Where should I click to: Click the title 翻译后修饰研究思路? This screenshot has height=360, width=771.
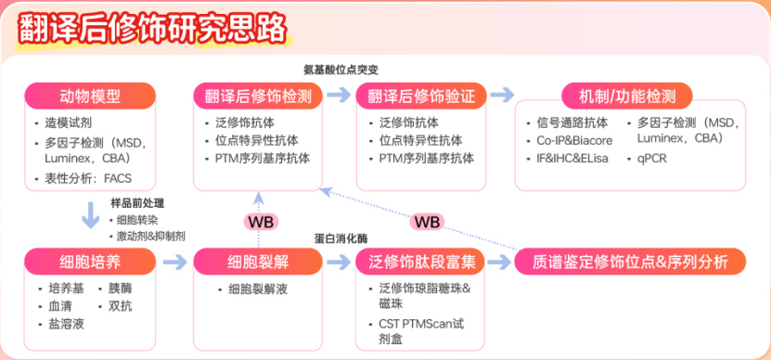point(152,30)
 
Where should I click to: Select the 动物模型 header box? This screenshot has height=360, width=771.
point(90,96)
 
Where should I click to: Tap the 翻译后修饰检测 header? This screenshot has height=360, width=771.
point(258,96)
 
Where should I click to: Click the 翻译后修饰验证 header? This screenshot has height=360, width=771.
point(421,96)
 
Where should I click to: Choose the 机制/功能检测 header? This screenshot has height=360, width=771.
point(627,96)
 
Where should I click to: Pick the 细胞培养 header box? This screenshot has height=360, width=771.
point(90,262)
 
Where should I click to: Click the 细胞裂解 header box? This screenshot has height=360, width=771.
point(258,262)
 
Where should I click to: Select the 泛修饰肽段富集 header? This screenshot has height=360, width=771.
point(421,262)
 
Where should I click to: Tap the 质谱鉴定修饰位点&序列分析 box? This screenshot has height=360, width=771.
point(630,262)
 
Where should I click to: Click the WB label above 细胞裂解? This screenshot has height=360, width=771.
point(261,222)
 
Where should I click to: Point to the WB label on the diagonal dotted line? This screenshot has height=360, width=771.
point(427,222)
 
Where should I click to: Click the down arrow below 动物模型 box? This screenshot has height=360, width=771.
point(91,214)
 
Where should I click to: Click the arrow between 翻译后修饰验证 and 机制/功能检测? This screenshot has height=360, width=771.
point(502,95)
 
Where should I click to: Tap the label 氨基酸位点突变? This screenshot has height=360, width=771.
point(341,70)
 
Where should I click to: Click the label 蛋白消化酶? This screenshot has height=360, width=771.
point(341,238)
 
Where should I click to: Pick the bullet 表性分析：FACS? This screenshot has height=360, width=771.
point(84,178)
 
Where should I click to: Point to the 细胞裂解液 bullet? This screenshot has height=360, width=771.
point(252,289)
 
